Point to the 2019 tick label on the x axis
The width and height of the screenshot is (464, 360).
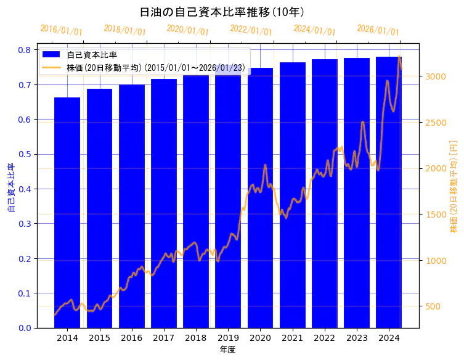pyautogui.click(x=228, y=338)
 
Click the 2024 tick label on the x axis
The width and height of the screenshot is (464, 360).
pyautogui.click(x=389, y=338)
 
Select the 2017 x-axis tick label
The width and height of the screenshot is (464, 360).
pyautogui.click(x=164, y=338)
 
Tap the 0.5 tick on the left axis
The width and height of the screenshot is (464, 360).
pyautogui.click(x=25, y=154)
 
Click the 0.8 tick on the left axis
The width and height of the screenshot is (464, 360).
pyautogui.click(x=25, y=50)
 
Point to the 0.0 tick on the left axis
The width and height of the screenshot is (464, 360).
pyautogui.click(x=25, y=328)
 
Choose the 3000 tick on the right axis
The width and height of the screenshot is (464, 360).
pyautogui.click(x=435, y=76)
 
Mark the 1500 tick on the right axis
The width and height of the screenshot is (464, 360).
pyautogui.click(x=435, y=215)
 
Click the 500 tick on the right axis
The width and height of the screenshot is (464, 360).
pyautogui.click(x=433, y=306)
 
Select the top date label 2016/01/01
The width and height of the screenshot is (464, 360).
pyautogui.click(x=61, y=30)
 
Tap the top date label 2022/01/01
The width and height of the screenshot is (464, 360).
pyautogui.click(x=251, y=30)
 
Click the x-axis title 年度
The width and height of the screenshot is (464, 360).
pyautogui.click(x=228, y=350)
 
